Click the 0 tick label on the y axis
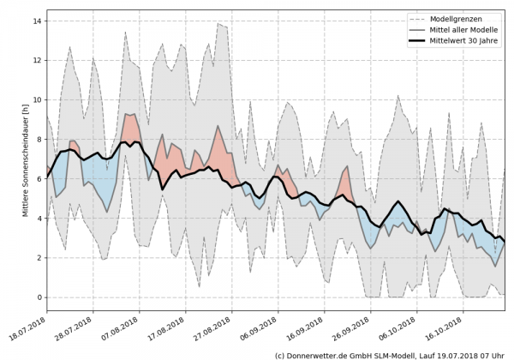click(x=39, y=297)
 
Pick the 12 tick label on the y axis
click(x=38, y=60)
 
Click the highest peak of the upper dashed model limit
click(x=218, y=24)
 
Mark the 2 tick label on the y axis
click(x=39, y=258)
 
